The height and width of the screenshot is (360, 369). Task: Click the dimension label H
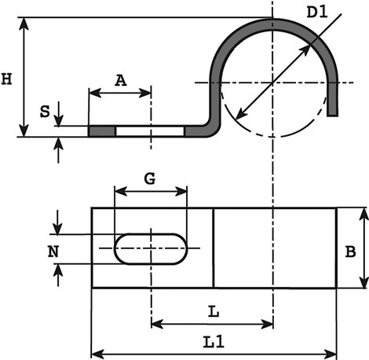(6, 79)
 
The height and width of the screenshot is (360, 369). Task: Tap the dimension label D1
(316, 13)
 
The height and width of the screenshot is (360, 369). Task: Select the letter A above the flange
(120, 80)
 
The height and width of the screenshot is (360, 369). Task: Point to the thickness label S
(45, 112)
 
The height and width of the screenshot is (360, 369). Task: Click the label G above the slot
(150, 179)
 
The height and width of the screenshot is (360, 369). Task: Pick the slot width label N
(53, 252)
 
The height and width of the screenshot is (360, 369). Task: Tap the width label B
(350, 252)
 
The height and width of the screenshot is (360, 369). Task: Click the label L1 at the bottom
(214, 342)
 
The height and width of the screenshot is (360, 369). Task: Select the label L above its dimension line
(214, 312)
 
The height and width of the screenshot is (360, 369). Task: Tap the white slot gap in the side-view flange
(150, 131)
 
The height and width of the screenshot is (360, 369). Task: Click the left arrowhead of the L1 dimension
(97, 354)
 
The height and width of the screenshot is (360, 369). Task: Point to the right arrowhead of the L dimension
(267, 324)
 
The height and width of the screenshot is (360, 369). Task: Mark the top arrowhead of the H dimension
(24, 24)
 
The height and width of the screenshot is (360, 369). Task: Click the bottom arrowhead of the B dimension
(364, 282)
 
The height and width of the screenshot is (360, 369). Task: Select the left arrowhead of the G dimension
(121, 192)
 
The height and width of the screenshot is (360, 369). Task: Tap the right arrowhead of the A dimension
(144, 93)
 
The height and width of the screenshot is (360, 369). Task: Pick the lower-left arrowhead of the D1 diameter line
(240, 114)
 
